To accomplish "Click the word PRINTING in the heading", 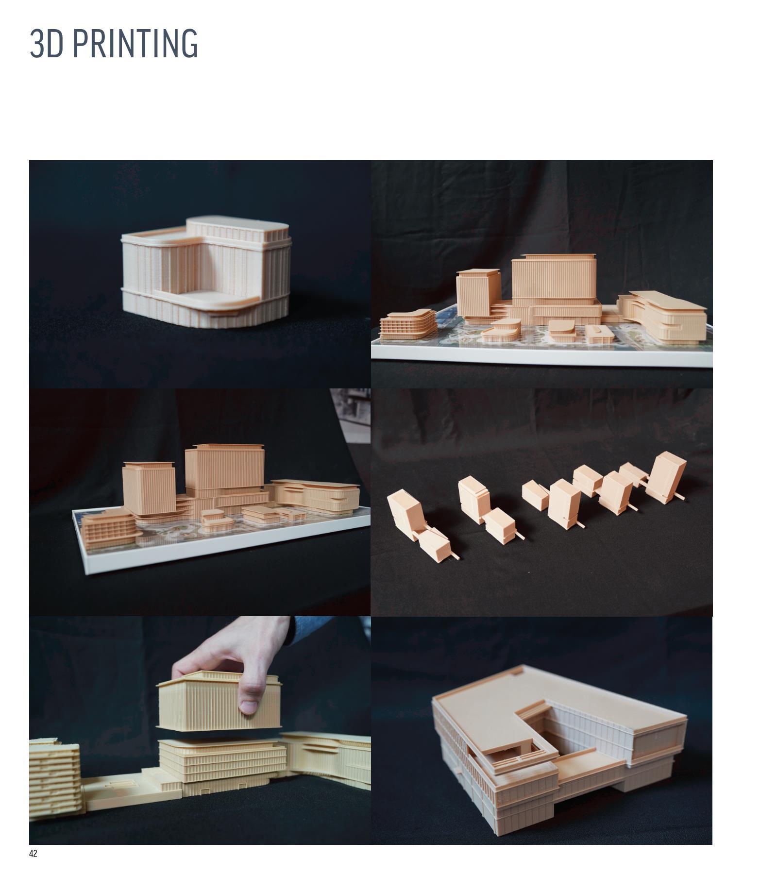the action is point(136,43).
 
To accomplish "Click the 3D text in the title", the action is point(47,43).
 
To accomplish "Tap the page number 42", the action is point(33,854).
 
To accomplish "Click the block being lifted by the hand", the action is point(219,701).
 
